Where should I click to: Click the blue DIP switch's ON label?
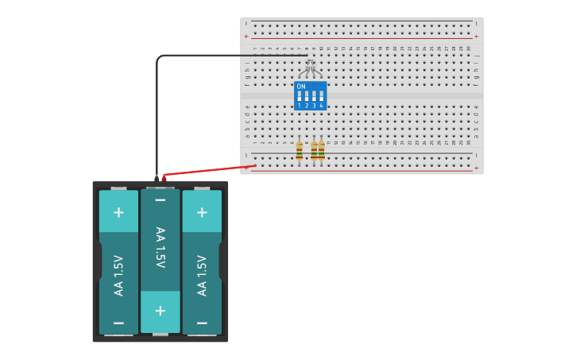[301, 87]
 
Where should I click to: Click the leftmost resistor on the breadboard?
[299, 151]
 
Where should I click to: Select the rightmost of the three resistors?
[321, 151]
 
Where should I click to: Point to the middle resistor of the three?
[314, 151]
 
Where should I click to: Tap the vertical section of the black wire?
[157, 119]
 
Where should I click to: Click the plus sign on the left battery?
[118, 212]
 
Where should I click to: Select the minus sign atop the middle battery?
[160, 200]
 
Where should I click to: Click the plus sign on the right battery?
[202, 212]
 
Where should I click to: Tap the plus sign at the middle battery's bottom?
[160, 311]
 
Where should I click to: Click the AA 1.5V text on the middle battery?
[160, 247]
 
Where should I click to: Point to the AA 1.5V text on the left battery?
[118, 275]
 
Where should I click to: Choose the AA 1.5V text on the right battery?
[202, 275]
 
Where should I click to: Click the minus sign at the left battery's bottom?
[118, 323]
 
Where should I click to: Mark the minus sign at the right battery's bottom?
[202, 323]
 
